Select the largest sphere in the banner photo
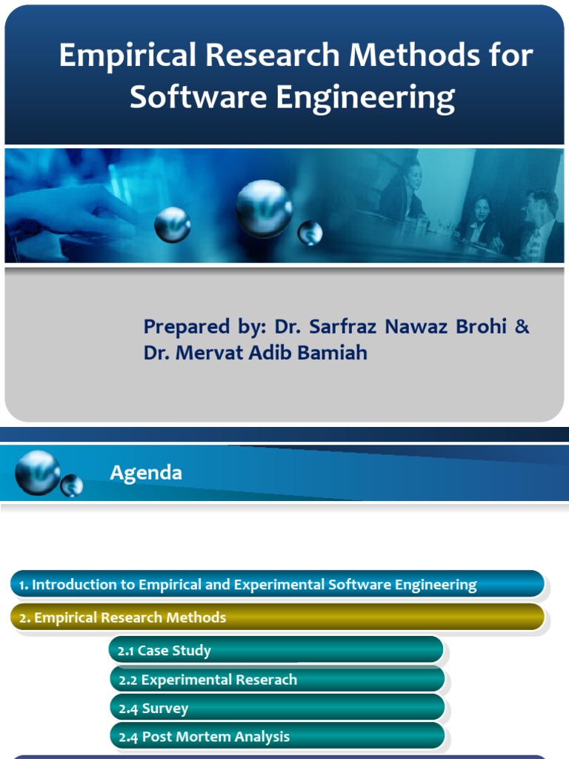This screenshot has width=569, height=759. click(264, 208)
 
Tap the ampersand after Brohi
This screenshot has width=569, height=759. click(522, 327)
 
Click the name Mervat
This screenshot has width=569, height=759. click(207, 353)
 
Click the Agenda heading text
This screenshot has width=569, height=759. click(146, 473)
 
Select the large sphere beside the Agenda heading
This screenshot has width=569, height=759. click(37, 472)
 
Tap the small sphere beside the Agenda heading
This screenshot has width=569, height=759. click(72, 485)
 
